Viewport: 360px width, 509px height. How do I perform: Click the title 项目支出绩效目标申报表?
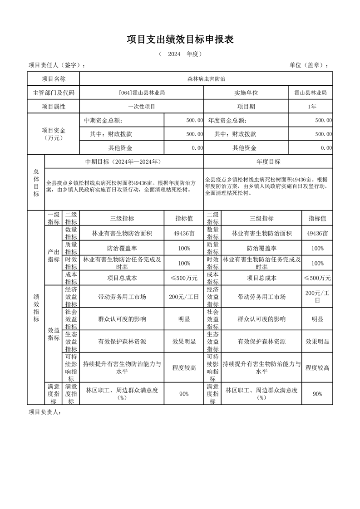click(x=180, y=40)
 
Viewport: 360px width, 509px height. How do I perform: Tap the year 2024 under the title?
click(x=174, y=54)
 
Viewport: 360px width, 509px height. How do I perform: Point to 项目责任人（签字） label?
click(x=56, y=65)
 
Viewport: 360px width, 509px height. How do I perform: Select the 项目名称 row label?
click(x=54, y=79)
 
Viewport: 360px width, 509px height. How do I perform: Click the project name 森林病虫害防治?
click(x=206, y=79)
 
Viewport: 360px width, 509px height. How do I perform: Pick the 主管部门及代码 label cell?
click(x=54, y=93)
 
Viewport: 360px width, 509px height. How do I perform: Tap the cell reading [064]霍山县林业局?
click(x=141, y=93)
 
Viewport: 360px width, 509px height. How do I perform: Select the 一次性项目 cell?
click(x=141, y=107)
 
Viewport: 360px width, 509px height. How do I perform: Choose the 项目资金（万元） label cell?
click(x=54, y=134)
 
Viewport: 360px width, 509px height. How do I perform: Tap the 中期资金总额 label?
click(x=103, y=121)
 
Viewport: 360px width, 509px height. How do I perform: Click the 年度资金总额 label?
click(x=227, y=121)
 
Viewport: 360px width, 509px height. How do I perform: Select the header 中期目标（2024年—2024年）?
click(x=123, y=162)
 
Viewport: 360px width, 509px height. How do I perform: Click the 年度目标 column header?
click(x=268, y=162)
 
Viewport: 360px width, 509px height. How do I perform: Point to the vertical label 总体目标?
click(x=36, y=182)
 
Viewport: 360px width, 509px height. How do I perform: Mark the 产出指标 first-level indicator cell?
click(x=54, y=255)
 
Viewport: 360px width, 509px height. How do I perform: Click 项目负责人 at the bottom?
click(x=44, y=412)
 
